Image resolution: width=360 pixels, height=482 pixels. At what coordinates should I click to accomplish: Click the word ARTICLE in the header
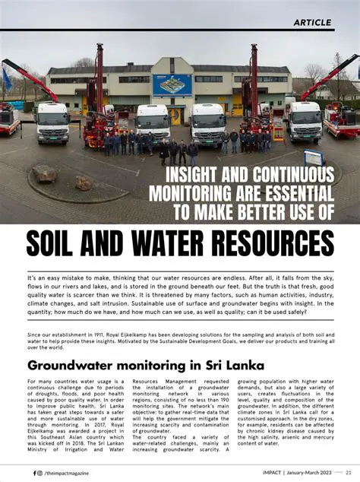(311, 22)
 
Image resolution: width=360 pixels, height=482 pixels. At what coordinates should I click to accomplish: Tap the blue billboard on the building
(172, 84)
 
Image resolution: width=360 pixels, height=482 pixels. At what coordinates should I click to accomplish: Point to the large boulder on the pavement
(44, 174)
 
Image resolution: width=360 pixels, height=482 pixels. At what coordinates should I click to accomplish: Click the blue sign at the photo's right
(314, 157)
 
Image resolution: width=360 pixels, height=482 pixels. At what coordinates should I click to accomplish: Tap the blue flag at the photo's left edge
(6, 79)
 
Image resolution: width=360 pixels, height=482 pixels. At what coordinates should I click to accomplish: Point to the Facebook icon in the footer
(34, 472)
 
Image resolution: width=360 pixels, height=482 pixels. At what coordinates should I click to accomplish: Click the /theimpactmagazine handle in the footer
(74, 472)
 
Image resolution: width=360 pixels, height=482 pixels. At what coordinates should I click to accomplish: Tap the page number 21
(348, 472)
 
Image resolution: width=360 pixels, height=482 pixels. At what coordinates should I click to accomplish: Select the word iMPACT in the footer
(269, 472)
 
